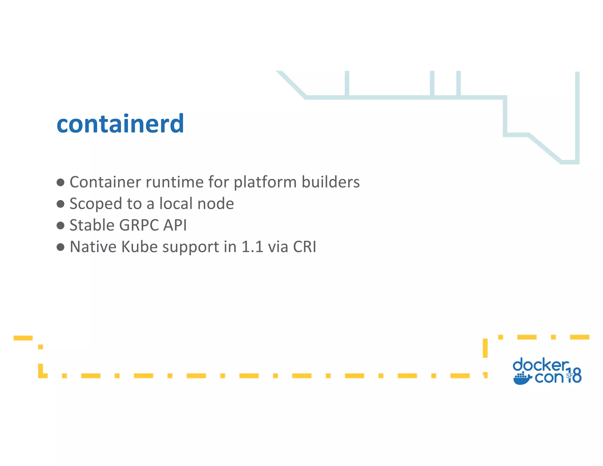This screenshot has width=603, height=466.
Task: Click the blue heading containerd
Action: [x=120, y=124]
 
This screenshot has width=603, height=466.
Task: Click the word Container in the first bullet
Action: [x=105, y=182]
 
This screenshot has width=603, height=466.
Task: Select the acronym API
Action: [x=175, y=225]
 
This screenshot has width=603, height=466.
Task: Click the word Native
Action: [x=93, y=247]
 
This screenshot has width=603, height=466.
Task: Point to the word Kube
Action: [x=139, y=247]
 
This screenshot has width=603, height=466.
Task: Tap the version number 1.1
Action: [x=252, y=247]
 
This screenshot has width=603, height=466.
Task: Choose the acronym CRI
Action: [x=304, y=247]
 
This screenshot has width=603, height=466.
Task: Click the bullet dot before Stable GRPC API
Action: [x=60, y=226]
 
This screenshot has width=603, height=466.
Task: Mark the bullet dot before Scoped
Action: [x=60, y=204]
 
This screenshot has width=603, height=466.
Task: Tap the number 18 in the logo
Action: [x=574, y=375]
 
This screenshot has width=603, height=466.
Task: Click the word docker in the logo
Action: [x=540, y=365]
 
